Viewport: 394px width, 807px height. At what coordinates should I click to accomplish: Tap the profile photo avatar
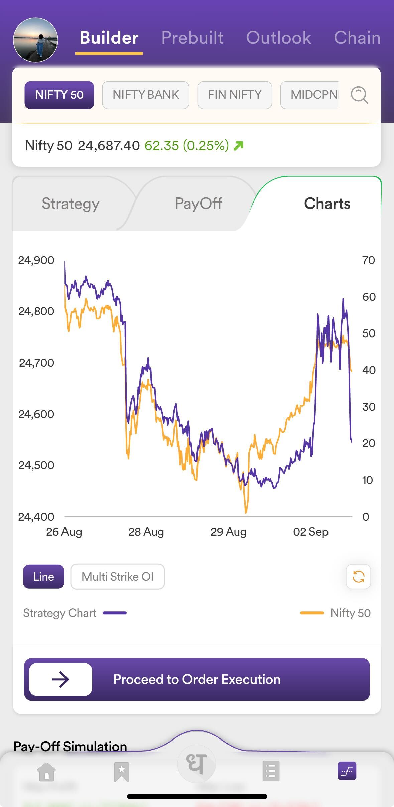pos(35,40)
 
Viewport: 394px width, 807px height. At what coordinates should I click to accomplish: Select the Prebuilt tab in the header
pos(192,38)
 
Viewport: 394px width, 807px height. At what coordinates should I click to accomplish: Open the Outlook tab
pos(278,38)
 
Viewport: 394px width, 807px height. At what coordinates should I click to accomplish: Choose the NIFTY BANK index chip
pos(146,95)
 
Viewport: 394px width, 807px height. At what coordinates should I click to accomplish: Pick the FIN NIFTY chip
pos(235,95)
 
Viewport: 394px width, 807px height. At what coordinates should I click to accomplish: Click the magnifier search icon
pos(359,95)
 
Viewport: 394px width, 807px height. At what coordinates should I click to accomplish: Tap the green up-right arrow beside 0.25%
pos(239,146)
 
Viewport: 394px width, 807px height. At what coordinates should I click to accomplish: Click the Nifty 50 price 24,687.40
pos(109,146)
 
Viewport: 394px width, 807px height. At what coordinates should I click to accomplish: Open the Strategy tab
pos(71,204)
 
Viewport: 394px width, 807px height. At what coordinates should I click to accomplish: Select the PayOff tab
pos(199,204)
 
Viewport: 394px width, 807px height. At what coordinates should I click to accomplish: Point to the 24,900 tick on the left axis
pos(36,260)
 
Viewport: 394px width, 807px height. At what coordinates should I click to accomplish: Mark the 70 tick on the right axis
pos(368,260)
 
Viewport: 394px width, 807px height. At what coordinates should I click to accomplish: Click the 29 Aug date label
pos(228,532)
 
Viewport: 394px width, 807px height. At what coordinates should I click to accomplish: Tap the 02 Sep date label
pos(311,532)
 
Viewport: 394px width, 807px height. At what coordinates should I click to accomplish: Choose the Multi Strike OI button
pos(117,577)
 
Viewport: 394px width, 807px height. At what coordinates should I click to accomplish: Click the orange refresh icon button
pos(358,577)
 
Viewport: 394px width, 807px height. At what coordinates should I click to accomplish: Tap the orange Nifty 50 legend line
pos(312,613)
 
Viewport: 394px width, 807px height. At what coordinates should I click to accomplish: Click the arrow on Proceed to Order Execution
pos(60,679)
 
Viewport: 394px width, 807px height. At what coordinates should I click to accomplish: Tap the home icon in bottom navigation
pos(46,772)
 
